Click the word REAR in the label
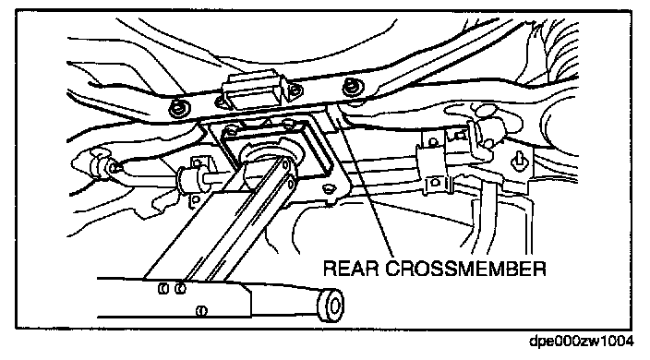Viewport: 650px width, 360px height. pos(351,269)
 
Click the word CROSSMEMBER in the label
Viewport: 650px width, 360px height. pos(465,269)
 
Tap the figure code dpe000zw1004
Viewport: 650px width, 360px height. pos(582,341)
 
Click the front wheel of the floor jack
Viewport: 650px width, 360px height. pos(332,306)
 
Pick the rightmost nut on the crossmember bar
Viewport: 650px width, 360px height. pos(354,87)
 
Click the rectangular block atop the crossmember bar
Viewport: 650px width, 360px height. pos(252,90)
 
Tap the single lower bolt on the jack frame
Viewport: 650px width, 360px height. pos(201,310)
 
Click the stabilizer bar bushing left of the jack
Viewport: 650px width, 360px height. pos(189,182)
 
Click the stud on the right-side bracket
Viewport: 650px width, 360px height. pos(519,161)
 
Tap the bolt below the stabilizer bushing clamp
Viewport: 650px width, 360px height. pos(196,200)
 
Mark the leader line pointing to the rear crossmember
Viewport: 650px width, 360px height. pos(366,182)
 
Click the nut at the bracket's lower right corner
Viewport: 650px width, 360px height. pos(329,188)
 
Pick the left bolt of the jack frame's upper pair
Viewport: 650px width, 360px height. pos(163,288)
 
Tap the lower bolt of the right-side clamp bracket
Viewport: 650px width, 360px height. pos(435,182)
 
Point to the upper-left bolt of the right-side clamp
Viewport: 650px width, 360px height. pos(432,143)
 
